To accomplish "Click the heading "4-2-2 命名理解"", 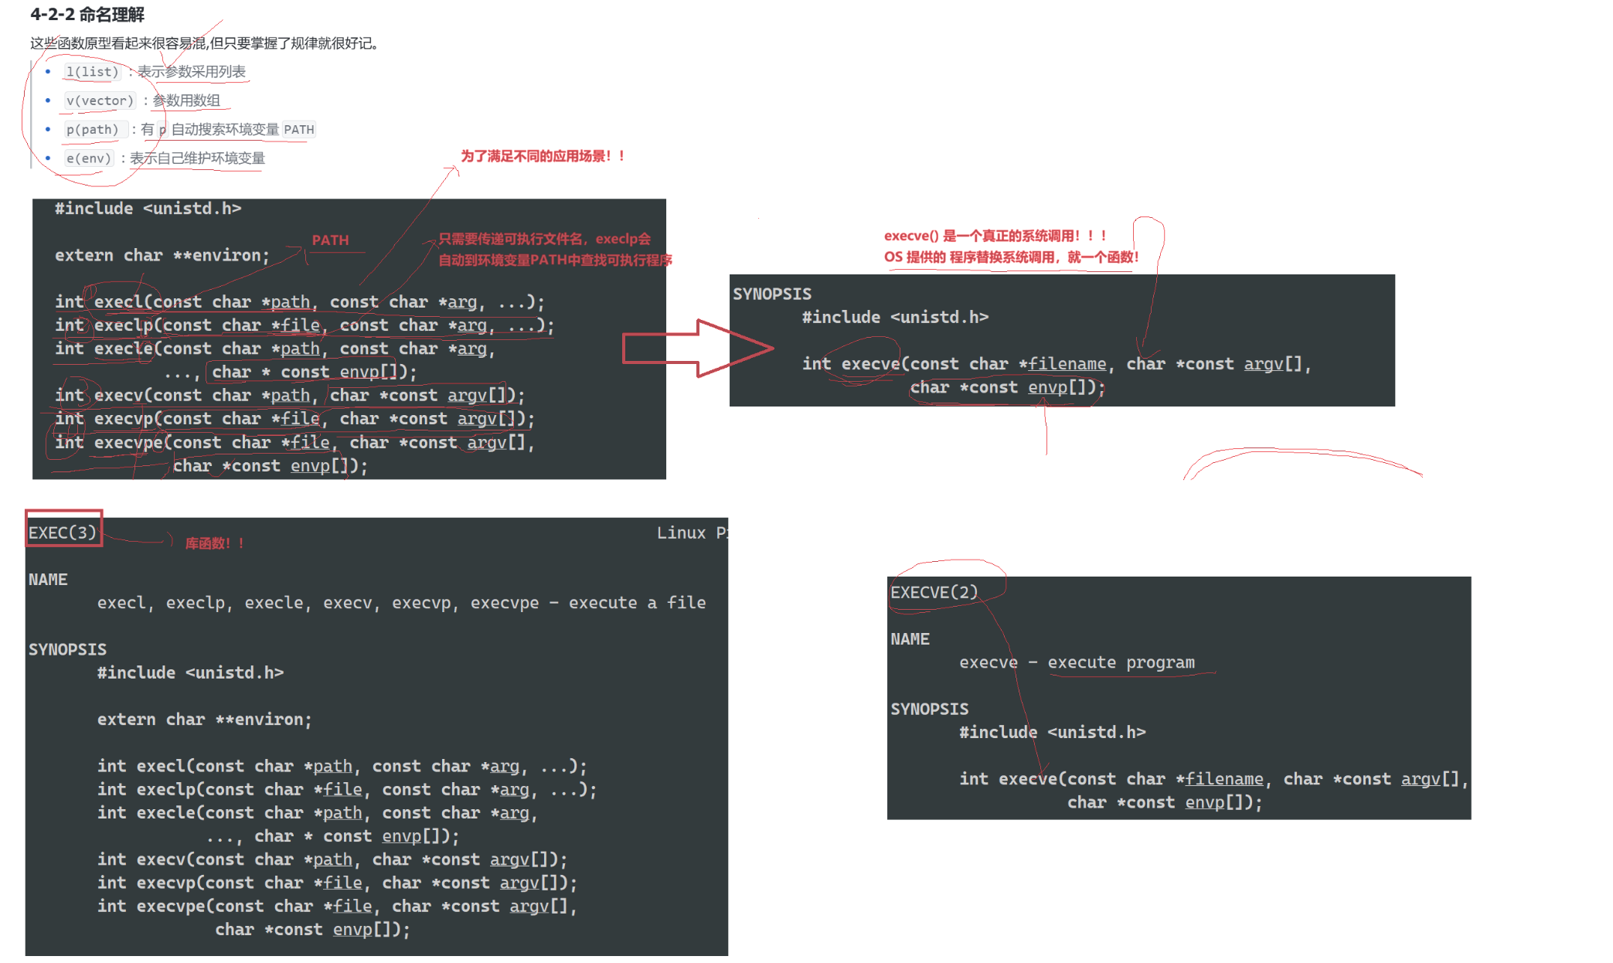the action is (x=87, y=15).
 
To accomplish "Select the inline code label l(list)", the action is (x=93, y=72).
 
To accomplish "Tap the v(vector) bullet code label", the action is (x=100, y=100).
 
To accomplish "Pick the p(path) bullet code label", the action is (x=93, y=129).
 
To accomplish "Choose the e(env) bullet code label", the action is (x=89, y=158).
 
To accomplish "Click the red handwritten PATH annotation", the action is (x=330, y=240).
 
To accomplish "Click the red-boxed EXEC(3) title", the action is (x=63, y=533).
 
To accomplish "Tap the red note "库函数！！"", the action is (x=214, y=543).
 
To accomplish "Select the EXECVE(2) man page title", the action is (x=934, y=593).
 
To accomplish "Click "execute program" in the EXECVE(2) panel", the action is (x=1121, y=662).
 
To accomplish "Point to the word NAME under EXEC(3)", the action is (x=48, y=580).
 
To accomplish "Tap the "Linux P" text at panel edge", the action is (x=692, y=533).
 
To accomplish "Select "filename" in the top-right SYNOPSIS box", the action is (x=1067, y=364).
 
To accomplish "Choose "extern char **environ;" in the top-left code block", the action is (x=162, y=256).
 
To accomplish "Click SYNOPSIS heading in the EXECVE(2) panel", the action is (x=929, y=709).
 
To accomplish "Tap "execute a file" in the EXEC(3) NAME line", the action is (x=637, y=603).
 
